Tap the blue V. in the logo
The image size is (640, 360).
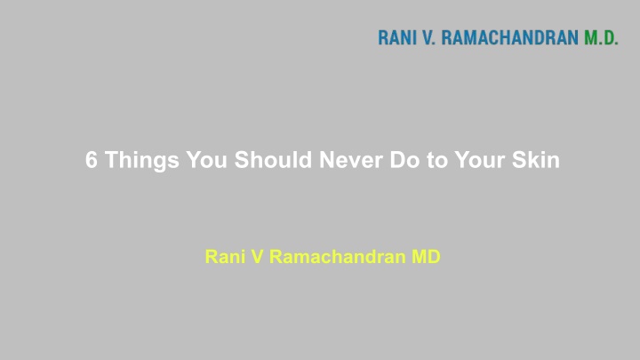[x=429, y=37]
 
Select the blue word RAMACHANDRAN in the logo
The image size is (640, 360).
[x=510, y=37]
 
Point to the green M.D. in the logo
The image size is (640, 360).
[x=601, y=37]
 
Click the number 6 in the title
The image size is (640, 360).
[x=92, y=160]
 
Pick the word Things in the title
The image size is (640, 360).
[x=142, y=160]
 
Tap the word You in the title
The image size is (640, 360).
[x=206, y=160]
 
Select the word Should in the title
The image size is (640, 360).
[x=273, y=159]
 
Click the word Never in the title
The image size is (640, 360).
[x=351, y=160]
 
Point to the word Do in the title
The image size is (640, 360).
[x=405, y=160]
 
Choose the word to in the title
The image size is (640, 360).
[x=437, y=160]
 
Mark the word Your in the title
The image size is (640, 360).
[x=480, y=160]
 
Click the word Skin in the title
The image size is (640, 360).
[x=535, y=159]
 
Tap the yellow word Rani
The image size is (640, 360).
[x=225, y=257]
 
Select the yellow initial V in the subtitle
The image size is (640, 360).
[x=257, y=257]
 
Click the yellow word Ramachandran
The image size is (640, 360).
[x=338, y=257]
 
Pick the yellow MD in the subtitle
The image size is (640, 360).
[x=426, y=257]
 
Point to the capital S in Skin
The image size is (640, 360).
[x=519, y=160]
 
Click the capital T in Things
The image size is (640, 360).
[x=112, y=160]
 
